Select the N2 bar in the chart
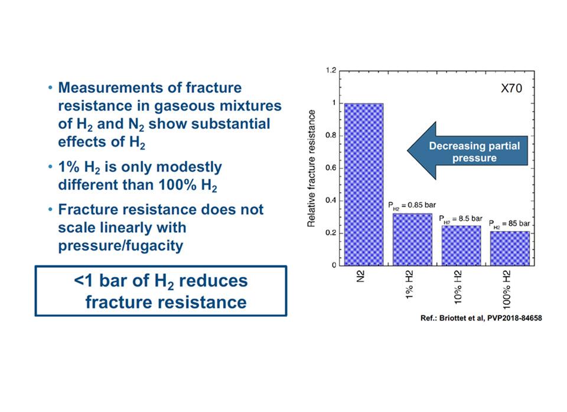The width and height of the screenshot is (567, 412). pyautogui.click(x=364, y=184)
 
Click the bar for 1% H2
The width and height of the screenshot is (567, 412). pyautogui.click(x=413, y=239)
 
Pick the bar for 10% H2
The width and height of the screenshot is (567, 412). pyautogui.click(x=461, y=246)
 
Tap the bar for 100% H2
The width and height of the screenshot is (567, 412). pyautogui.click(x=510, y=249)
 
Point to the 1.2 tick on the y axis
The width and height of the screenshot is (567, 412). pyautogui.click(x=331, y=70)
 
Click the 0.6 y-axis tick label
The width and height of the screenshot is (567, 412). pyautogui.click(x=331, y=168)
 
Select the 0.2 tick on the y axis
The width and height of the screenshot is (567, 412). pyautogui.click(x=331, y=233)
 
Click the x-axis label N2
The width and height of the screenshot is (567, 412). pyautogui.click(x=360, y=276)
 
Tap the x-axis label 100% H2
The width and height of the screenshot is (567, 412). pyautogui.click(x=507, y=289)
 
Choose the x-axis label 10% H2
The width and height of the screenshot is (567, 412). pyautogui.click(x=458, y=287)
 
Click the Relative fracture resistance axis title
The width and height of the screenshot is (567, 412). pyautogui.click(x=311, y=168)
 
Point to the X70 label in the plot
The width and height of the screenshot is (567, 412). pyautogui.click(x=511, y=88)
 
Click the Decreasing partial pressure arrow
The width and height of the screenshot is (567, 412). pyautogui.click(x=468, y=151)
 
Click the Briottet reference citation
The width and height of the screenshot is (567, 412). pyautogui.click(x=481, y=318)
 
